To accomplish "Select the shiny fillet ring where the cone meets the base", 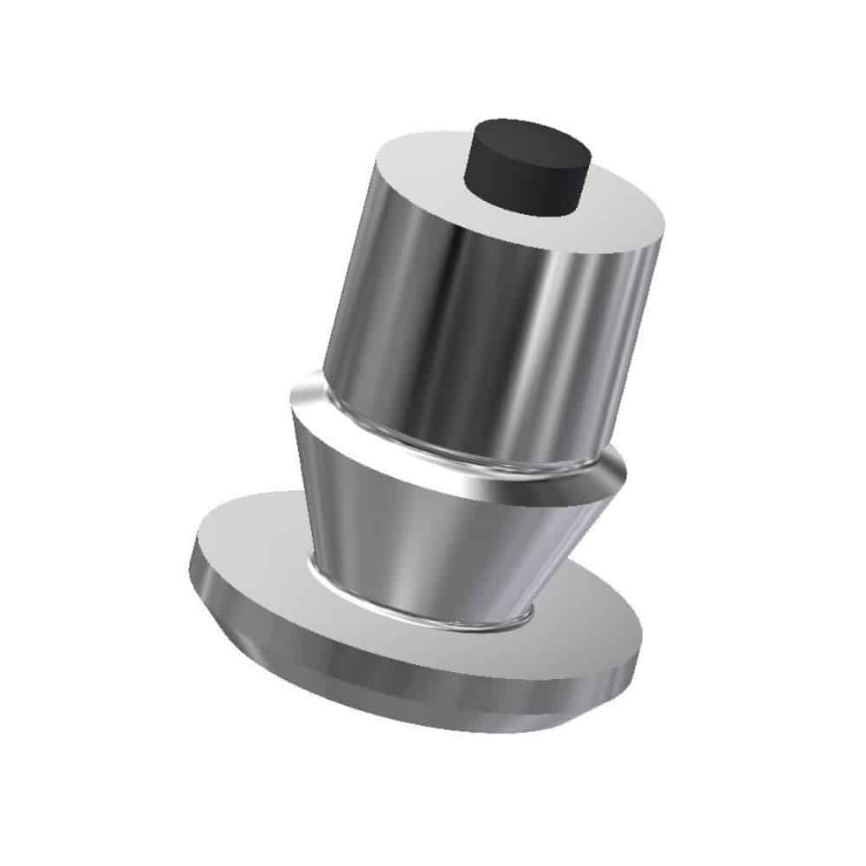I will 416,613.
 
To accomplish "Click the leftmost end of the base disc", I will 191,563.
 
